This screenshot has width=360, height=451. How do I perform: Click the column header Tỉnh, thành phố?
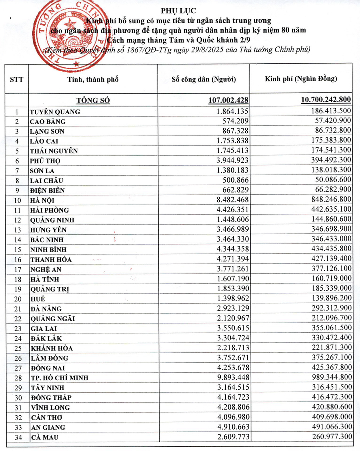click(x=94, y=79)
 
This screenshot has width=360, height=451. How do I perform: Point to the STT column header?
click(x=17, y=79)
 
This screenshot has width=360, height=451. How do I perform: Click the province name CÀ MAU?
click(x=44, y=437)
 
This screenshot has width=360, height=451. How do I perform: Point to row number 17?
click(x=17, y=269)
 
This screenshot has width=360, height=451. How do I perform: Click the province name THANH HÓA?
click(x=51, y=259)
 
